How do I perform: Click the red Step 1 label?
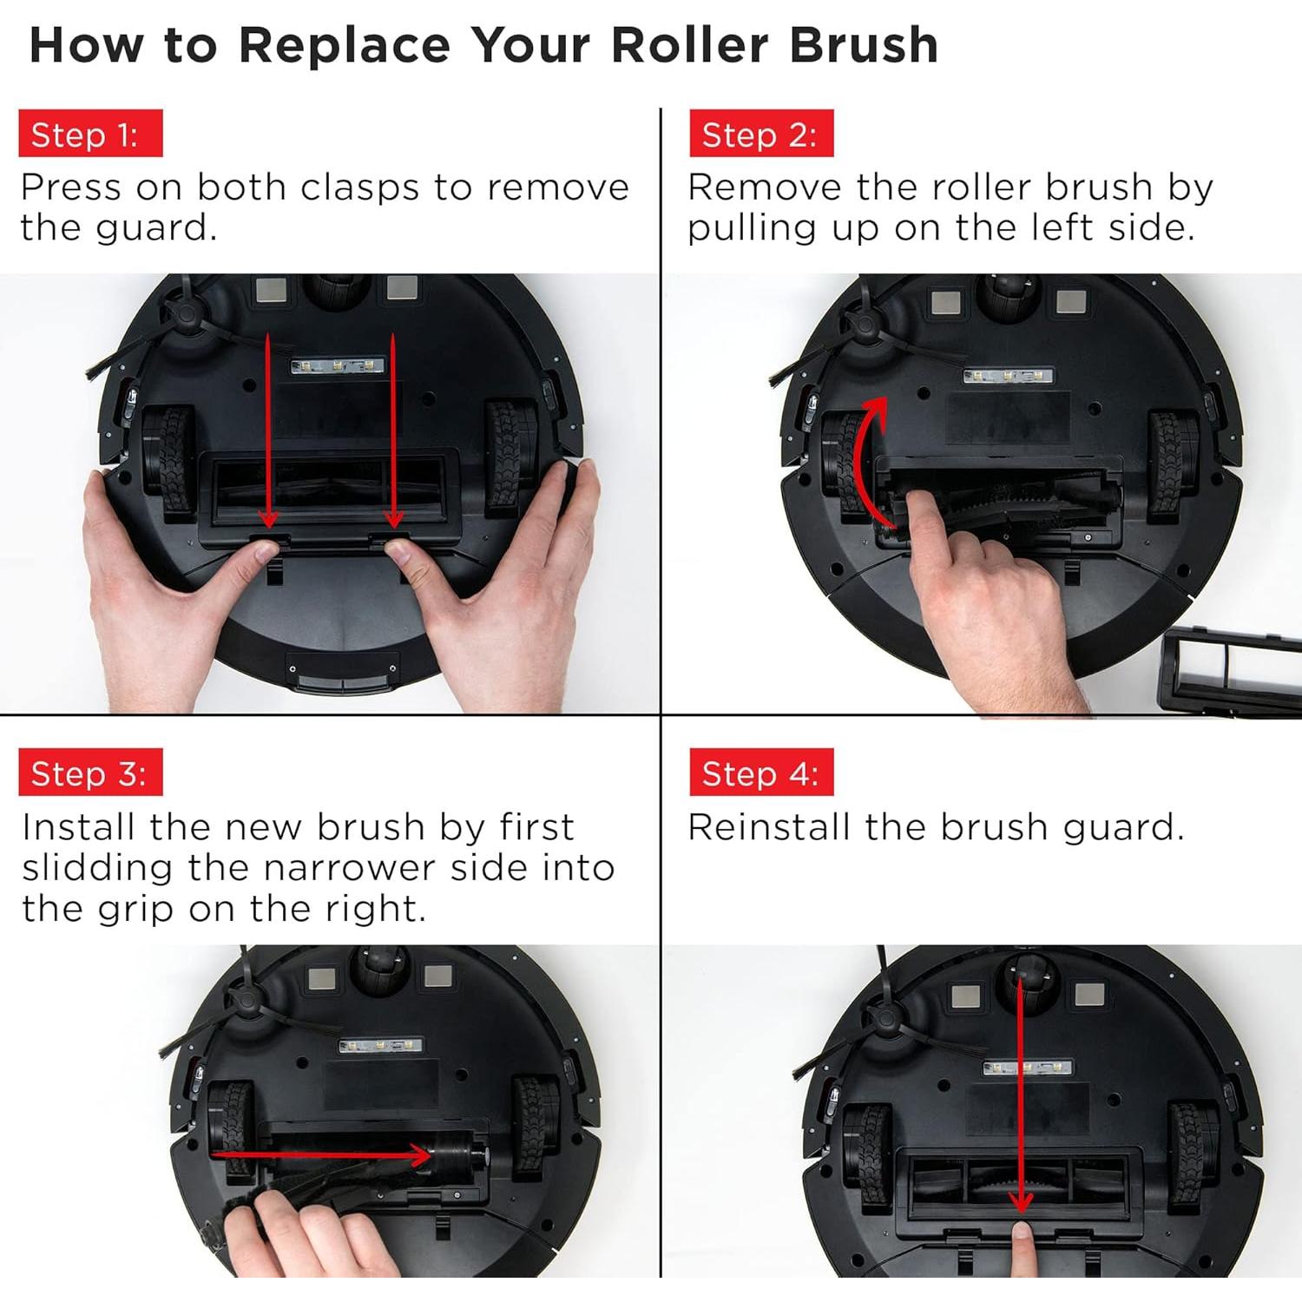90,134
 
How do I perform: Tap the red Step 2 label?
761,134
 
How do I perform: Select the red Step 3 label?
90,773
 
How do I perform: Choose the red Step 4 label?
761,773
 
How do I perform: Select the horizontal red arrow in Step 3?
321,1155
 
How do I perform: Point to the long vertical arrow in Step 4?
1023,1098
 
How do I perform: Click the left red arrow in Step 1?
268,431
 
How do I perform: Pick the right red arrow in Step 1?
393,431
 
